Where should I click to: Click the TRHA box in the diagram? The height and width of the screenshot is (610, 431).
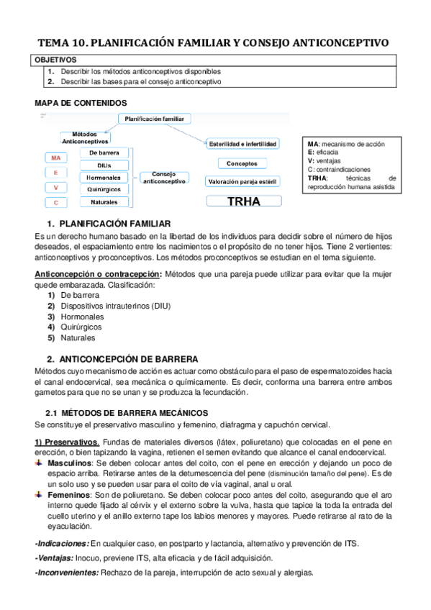[243, 201]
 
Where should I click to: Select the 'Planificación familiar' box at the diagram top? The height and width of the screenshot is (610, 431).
[155, 118]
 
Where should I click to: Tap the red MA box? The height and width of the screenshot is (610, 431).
[55, 158]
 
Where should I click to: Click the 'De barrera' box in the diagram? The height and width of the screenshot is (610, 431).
[104, 153]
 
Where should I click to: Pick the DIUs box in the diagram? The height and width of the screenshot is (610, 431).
[104, 165]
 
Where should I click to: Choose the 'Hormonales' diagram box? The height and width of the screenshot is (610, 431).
[104, 177]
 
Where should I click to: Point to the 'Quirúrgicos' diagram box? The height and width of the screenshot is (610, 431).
[104, 189]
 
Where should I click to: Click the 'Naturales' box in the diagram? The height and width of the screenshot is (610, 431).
[104, 202]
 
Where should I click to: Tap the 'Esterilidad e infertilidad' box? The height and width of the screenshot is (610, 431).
[242, 144]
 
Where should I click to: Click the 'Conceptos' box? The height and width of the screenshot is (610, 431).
[242, 163]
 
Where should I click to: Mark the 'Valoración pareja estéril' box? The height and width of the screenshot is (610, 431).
[242, 182]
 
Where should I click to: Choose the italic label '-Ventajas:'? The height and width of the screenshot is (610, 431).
[53, 558]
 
